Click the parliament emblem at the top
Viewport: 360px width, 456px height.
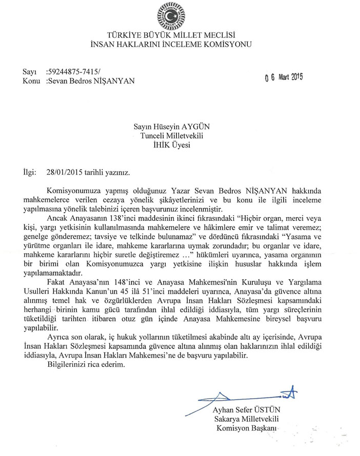[179, 16]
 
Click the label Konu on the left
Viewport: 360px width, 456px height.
[32, 81]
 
